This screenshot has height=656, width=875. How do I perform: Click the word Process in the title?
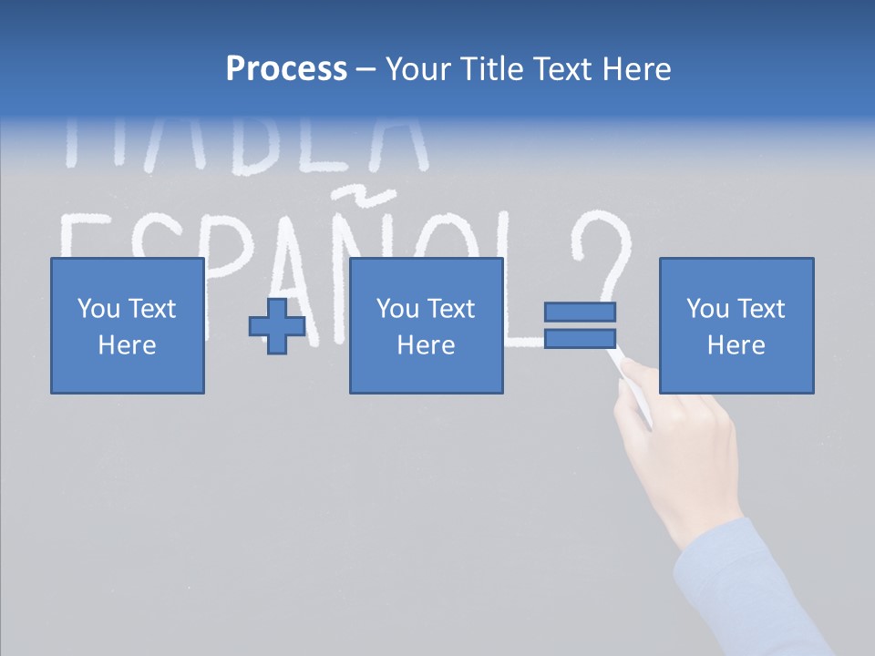pos(286,69)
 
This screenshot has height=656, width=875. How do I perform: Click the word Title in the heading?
pos(489,69)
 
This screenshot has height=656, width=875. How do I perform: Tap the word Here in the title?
pos(637,69)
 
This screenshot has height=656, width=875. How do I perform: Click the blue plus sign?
pos(277,325)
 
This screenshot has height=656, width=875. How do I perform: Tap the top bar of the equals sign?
pos(580,312)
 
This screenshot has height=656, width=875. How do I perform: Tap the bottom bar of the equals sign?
pos(580,339)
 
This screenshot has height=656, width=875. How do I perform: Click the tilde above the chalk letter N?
pos(347,194)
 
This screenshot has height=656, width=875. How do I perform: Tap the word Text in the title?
pos(560,69)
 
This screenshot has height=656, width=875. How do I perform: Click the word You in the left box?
pos(98,309)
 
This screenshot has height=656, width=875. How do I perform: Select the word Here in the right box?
pos(736,345)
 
